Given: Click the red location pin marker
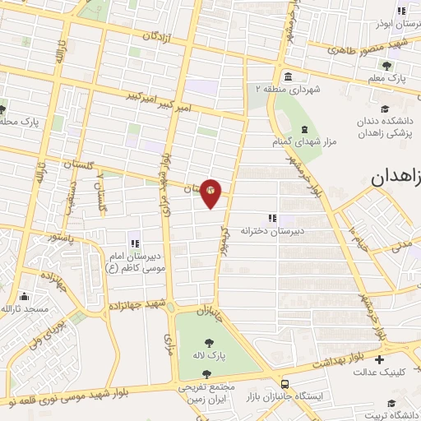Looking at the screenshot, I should click(x=211, y=193).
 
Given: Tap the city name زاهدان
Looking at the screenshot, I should click(x=396, y=177).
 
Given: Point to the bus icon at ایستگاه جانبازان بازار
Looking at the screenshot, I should click(x=285, y=384).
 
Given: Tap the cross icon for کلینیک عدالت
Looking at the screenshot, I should click(x=378, y=359).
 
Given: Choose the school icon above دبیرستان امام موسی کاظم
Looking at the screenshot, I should click(x=133, y=243).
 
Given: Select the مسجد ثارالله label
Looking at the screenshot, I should click(x=25, y=308).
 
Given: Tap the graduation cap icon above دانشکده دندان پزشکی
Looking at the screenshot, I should click(x=384, y=109).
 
